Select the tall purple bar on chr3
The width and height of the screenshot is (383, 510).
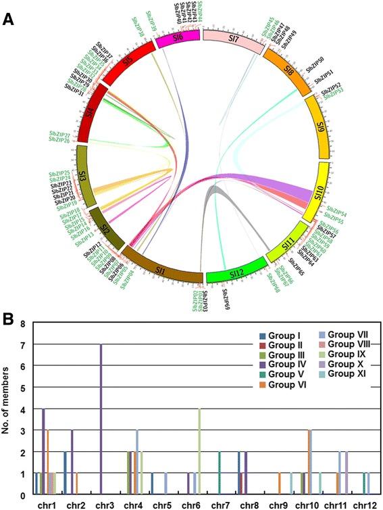101,419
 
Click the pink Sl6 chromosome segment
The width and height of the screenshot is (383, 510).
177,41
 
